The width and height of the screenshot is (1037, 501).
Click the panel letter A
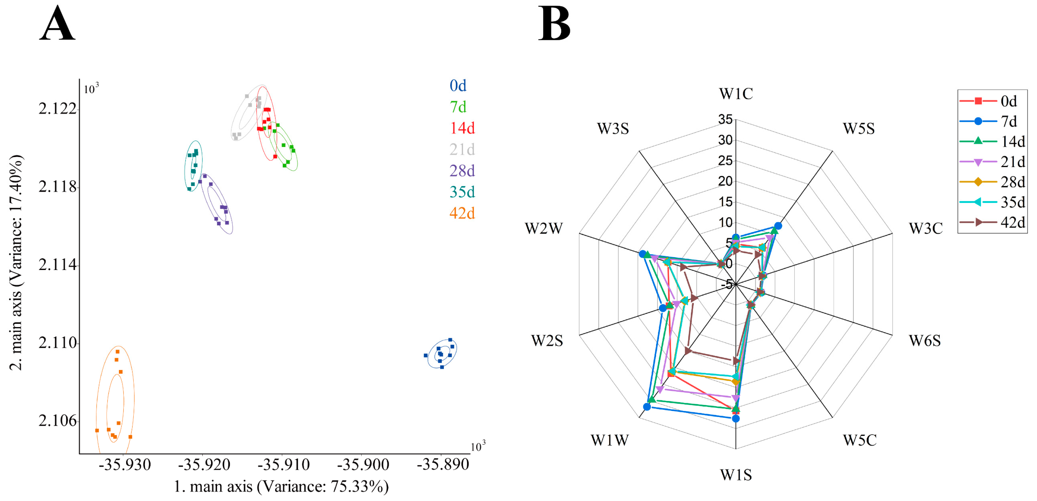pos(57,24)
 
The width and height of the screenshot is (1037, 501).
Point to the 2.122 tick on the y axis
pos(57,109)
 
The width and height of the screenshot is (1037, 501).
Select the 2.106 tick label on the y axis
pos(57,421)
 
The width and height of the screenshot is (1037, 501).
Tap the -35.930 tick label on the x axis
pos(125,465)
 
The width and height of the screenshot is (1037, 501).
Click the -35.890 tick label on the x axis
pos(443,465)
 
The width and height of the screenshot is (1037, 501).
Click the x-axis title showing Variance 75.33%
pos(281,487)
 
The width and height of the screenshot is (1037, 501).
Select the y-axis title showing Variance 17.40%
pos(16,262)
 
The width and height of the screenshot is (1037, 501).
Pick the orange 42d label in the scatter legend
pos(462,213)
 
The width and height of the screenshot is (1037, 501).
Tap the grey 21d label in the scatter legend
pos(462,149)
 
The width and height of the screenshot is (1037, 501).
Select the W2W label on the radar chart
pos(544,229)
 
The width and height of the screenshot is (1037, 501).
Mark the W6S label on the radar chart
pos(925,341)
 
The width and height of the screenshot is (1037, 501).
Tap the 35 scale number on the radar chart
pos(725,119)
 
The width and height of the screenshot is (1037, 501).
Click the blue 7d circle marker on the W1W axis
pos(647,407)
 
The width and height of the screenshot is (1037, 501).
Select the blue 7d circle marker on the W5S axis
pos(778,226)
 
